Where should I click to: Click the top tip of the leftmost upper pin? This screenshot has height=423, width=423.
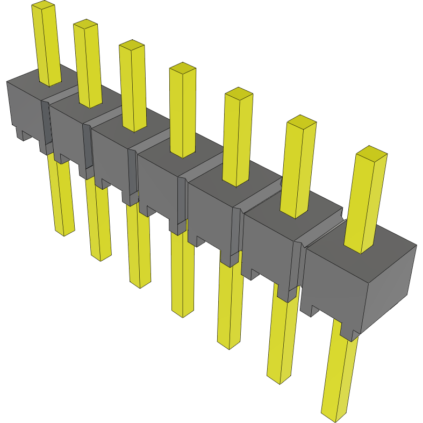[43, 5]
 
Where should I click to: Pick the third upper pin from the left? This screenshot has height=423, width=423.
[133, 86]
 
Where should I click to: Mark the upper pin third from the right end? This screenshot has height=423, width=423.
[238, 137]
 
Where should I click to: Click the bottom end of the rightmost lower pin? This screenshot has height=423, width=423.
[334, 416]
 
